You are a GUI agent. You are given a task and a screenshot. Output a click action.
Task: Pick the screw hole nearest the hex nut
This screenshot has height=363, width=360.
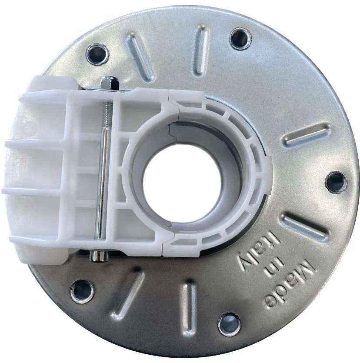click(97, 54)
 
